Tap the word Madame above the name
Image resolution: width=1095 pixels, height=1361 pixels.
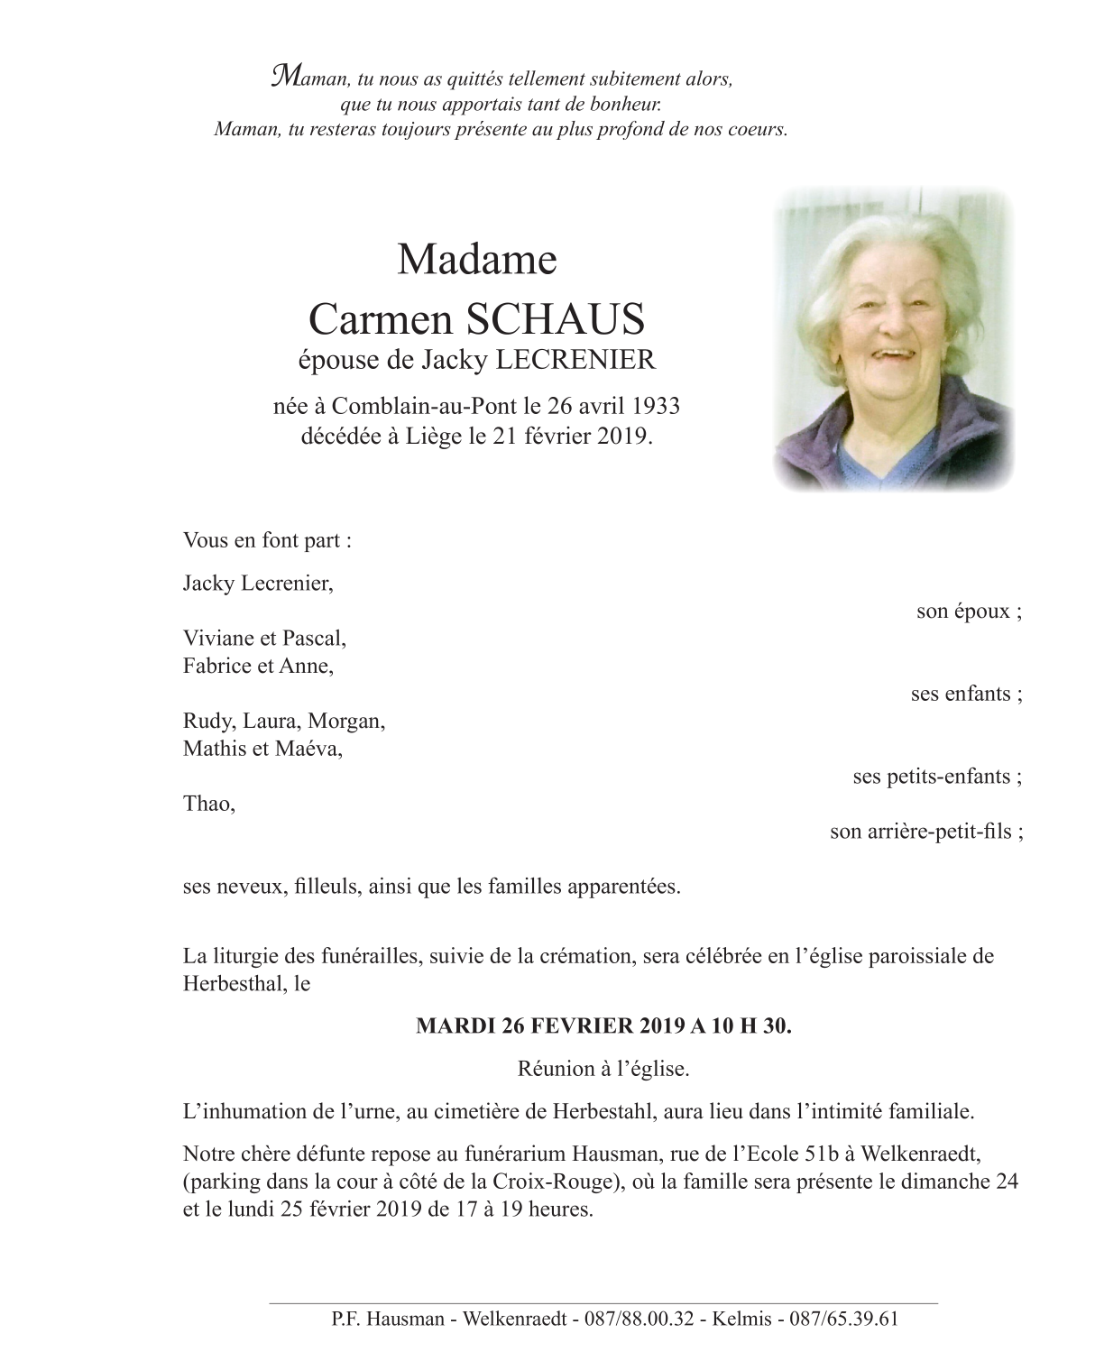(476, 260)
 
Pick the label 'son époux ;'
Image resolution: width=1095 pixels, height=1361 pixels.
(969, 612)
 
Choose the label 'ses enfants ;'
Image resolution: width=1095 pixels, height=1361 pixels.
(966, 694)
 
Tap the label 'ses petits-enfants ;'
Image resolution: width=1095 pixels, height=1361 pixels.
(937, 777)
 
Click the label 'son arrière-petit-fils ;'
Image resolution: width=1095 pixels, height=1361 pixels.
(925, 832)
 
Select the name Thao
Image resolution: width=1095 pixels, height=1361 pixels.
(207, 804)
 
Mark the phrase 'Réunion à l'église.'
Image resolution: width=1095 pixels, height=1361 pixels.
(603, 1070)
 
